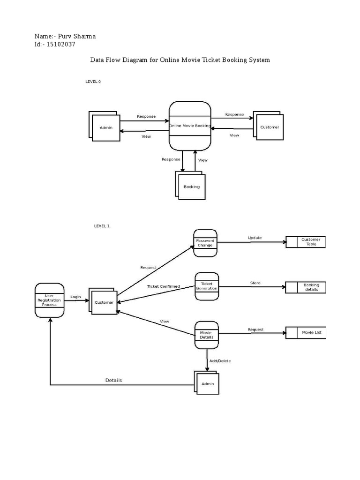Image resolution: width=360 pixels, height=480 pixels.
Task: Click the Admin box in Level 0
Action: coord(105,127)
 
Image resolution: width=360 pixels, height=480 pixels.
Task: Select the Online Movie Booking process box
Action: coord(190,126)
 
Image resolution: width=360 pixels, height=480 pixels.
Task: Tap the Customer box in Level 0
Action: coord(269,127)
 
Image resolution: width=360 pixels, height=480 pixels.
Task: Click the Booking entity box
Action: coord(191,187)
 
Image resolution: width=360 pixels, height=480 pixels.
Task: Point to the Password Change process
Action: coord(205,243)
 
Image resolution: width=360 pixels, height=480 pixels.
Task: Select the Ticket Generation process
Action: coord(206,286)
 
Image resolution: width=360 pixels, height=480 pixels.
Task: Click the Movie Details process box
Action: coord(206,335)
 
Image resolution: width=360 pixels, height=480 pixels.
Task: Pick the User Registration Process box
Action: coord(49,300)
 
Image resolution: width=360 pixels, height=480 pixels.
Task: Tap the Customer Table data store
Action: coord(310,242)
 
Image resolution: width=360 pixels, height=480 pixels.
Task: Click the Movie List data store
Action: coord(311,332)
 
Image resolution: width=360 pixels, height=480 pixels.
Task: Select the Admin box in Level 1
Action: coord(207,383)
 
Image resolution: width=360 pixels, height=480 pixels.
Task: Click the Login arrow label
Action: coord(75,297)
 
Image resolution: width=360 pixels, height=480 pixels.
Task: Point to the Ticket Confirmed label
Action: coord(163,286)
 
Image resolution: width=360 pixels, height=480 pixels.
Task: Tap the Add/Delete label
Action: coord(220,361)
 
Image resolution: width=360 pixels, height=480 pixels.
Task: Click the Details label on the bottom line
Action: coord(113,380)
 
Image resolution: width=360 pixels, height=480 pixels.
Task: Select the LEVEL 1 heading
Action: coord(102,226)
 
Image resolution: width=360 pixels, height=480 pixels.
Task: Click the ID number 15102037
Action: coord(61,45)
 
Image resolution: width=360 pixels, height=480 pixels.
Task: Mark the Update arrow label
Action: coord(255,238)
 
